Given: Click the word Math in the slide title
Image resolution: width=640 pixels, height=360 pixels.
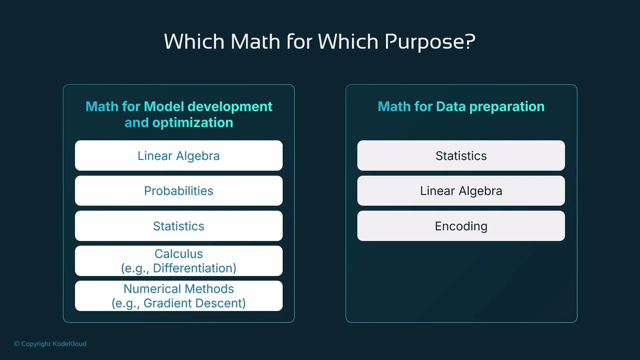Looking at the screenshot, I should point(255,42).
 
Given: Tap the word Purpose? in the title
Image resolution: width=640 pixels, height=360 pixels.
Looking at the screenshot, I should point(430,42).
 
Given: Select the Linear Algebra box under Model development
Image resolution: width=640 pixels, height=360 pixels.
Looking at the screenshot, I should point(179,156).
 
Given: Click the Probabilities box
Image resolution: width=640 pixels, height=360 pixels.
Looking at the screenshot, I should point(179,191).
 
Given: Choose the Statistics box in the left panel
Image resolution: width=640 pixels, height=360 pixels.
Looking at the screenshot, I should point(179,226).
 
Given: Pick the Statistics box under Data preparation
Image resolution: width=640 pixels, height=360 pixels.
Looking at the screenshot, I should point(461,156).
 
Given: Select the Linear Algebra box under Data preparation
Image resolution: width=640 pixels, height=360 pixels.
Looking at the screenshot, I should point(461,191).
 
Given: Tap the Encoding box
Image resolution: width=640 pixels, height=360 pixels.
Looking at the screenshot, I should point(461,226).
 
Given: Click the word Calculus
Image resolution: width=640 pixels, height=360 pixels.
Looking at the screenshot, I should point(179,254).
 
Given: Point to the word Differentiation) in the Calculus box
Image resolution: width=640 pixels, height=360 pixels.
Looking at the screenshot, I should point(195,268).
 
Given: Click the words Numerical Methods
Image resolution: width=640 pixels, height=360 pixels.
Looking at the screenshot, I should point(179,289).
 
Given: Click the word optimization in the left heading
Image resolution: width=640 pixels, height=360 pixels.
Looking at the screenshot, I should point(193,123).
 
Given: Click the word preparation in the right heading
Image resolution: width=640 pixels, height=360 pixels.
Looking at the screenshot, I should point(507,107).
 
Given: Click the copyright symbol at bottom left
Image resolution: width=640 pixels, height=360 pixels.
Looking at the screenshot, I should point(17,344).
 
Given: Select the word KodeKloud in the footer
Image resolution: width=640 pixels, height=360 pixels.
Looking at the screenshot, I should point(70,344).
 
